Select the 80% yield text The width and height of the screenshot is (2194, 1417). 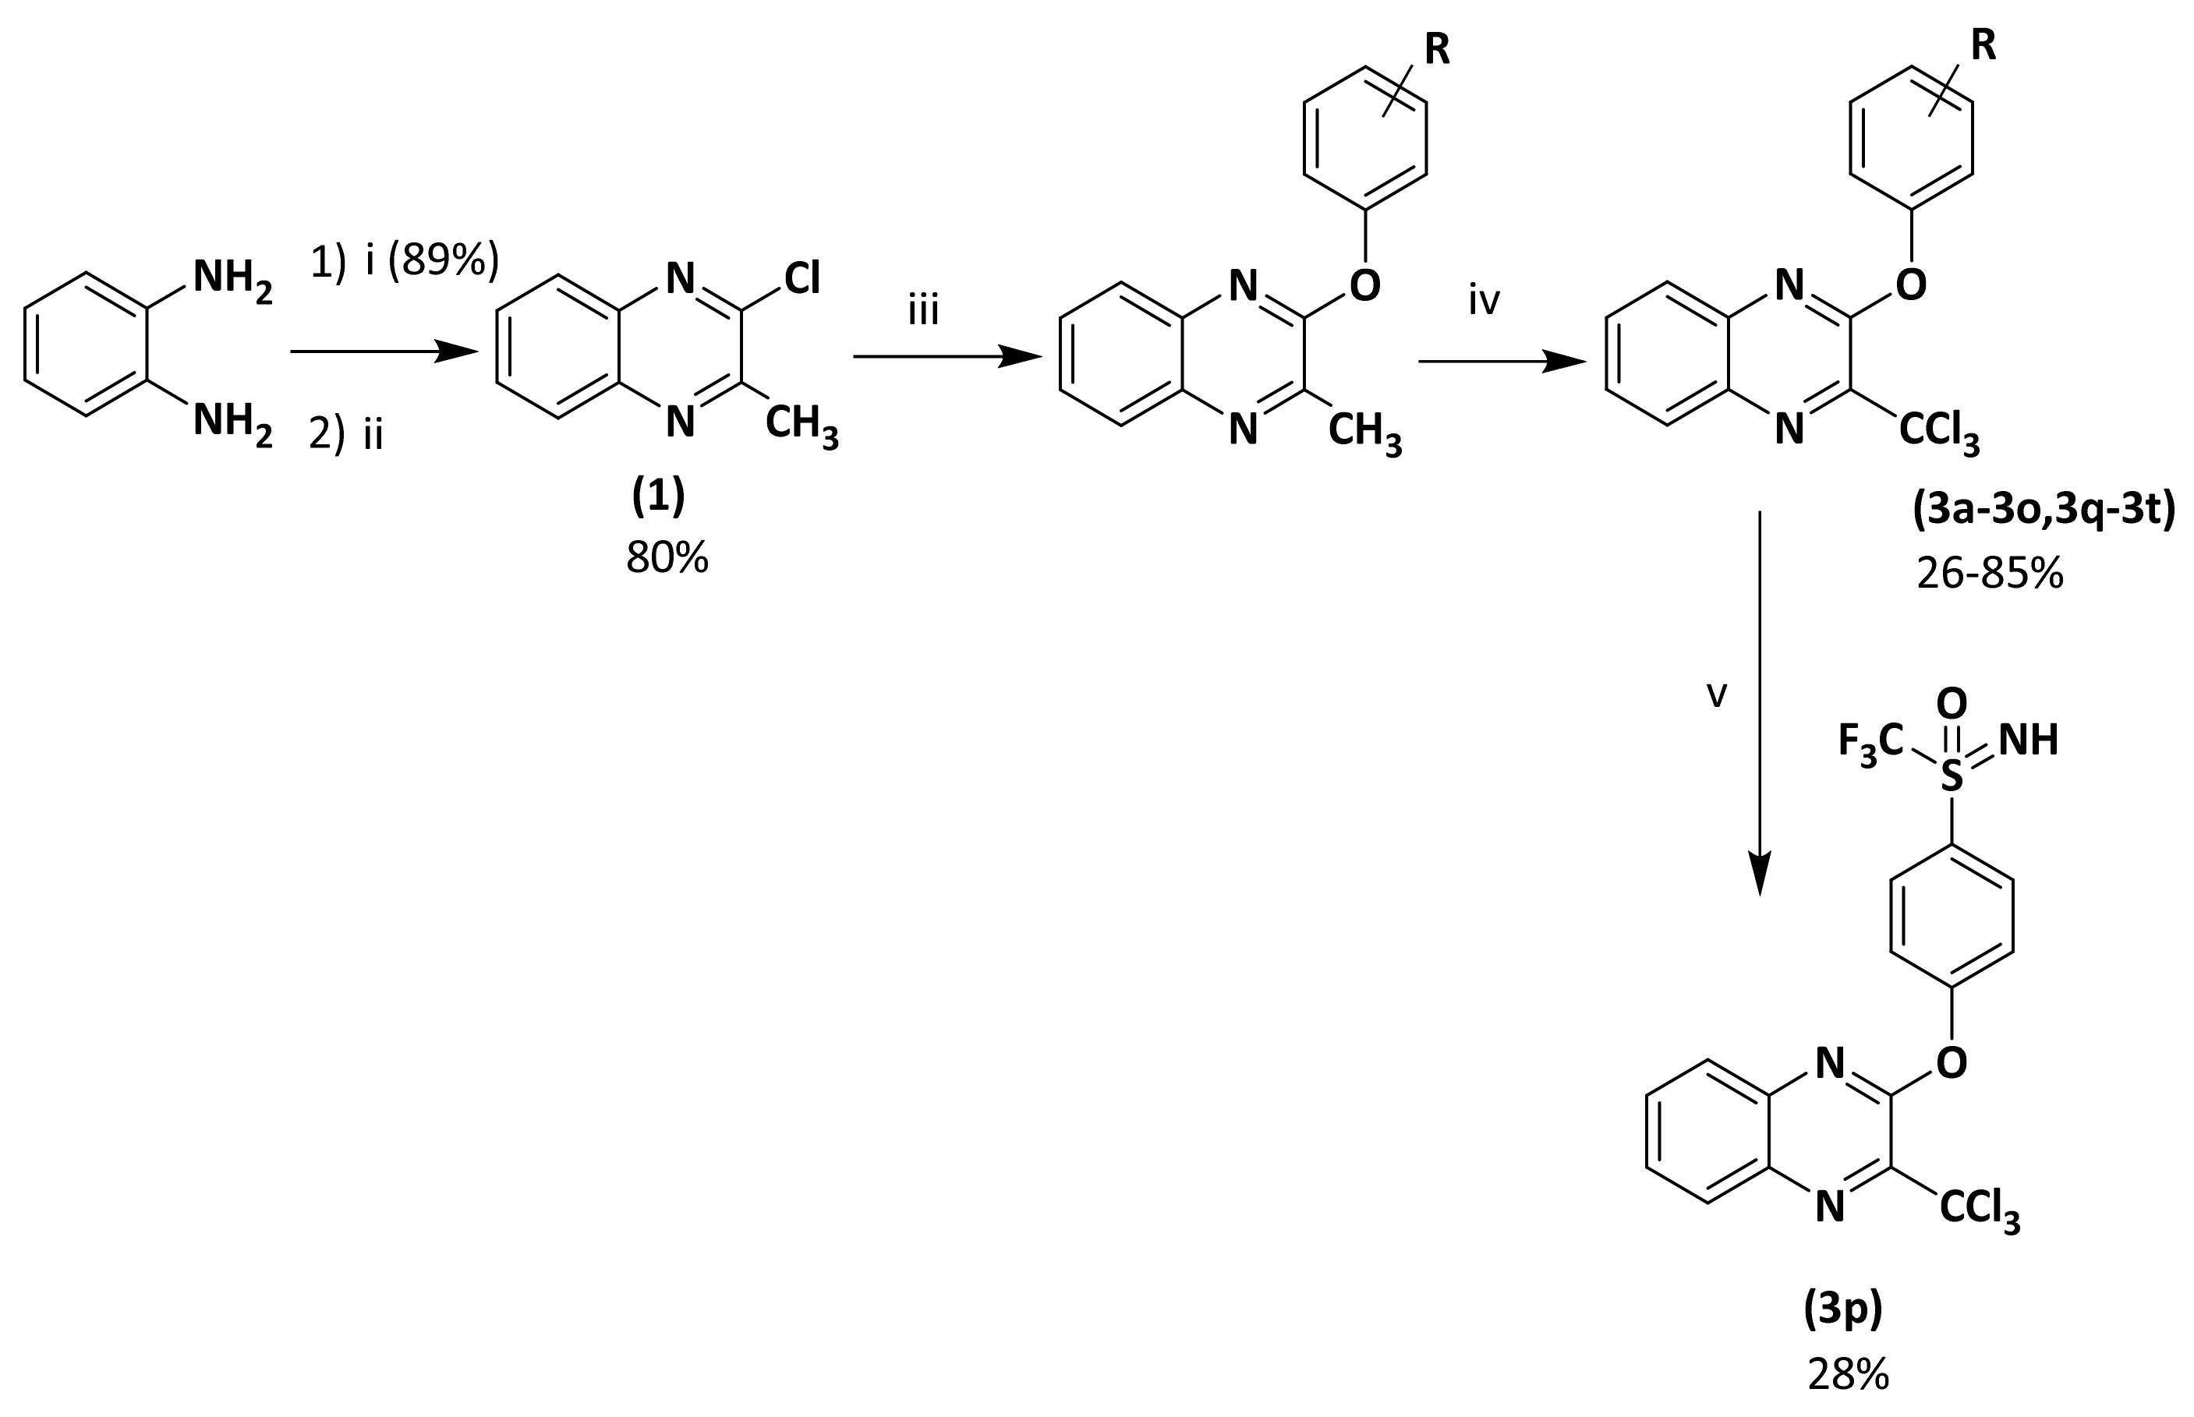tap(667, 557)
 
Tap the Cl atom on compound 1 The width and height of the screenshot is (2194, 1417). tap(802, 278)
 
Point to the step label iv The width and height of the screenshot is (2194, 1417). tap(1484, 300)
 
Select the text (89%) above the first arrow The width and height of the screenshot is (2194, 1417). tap(444, 261)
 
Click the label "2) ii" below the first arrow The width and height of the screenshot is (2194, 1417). tap(346, 434)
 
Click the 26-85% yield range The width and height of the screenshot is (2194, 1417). tap(1991, 574)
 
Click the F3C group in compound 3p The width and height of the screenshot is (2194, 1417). tap(1870, 740)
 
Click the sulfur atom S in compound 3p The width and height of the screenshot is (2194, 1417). tap(1951, 779)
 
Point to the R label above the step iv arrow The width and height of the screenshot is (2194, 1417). tap(1437, 51)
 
